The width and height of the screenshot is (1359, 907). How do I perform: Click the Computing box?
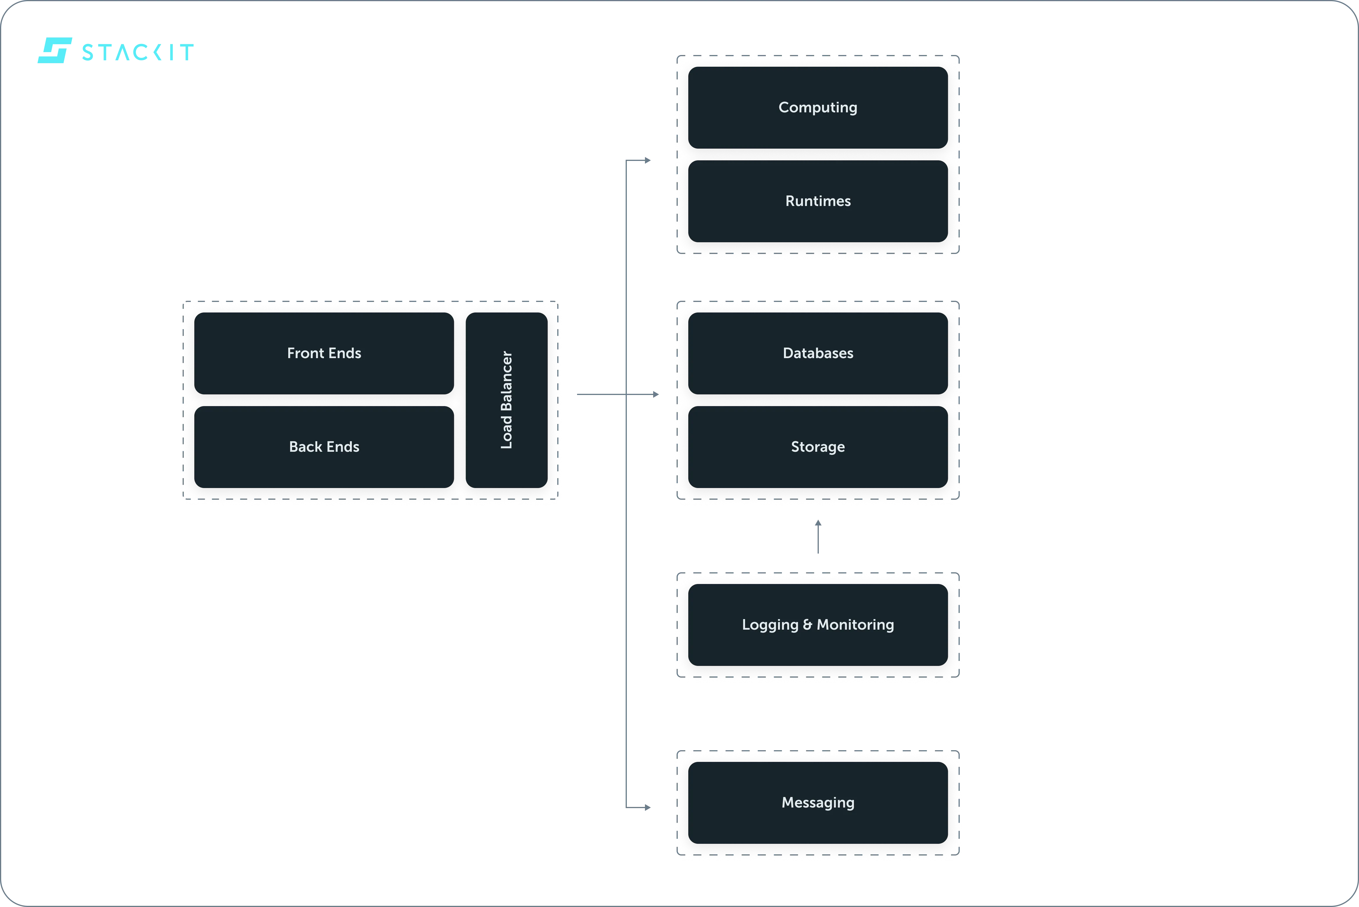pyautogui.click(x=818, y=107)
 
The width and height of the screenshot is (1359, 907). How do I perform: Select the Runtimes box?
pyautogui.click(x=818, y=201)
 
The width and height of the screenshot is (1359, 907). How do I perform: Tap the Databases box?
pyautogui.click(x=818, y=353)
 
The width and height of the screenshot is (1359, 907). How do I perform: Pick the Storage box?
pyautogui.click(x=818, y=446)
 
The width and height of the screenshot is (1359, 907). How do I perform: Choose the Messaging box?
pyautogui.click(x=818, y=802)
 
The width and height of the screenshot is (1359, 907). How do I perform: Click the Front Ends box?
pyautogui.click(x=324, y=353)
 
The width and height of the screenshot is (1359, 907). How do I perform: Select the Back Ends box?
pyautogui.click(x=324, y=446)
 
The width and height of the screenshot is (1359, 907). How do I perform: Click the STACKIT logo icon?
pyautogui.click(x=55, y=50)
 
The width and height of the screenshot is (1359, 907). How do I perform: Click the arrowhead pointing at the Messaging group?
pyautogui.click(x=647, y=807)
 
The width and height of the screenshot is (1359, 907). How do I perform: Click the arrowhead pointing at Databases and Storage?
pyautogui.click(x=656, y=394)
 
